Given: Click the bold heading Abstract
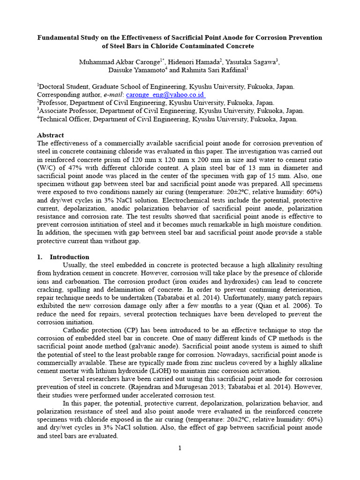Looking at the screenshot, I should click(x=51, y=135).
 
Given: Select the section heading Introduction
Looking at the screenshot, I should click(x=69, y=257).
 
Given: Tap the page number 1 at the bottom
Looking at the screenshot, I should click(x=180, y=448).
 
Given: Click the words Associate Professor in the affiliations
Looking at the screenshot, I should click(x=71, y=111).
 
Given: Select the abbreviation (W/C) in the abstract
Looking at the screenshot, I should click(x=47, y=167).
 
